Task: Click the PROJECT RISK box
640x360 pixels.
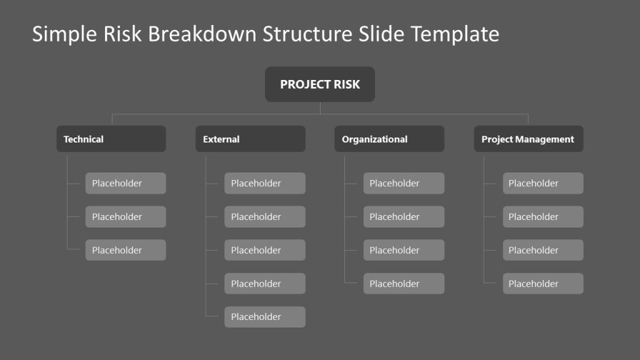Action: [x=320, y=84]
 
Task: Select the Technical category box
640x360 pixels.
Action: [x=111, y=139]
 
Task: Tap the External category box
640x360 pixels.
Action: [x=250, y=139]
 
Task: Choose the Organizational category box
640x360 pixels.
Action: [x=389, y=139]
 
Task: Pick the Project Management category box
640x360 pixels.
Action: [x=528, y=139]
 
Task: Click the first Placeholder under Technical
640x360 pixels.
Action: [x=126, y=183]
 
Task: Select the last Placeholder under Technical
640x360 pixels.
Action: [x=126, y=250]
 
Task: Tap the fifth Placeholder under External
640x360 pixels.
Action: [x=264, y=317]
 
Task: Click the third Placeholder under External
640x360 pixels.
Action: [x=264, y=250]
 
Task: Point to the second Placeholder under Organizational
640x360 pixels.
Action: [x=404, y=217]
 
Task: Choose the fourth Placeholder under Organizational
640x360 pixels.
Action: [x=404, y=284]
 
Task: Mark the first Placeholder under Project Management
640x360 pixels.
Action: [x=542, y=183]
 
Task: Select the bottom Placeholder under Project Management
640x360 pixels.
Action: [x=542, y=284]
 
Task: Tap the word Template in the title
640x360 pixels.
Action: [x=454, y=34]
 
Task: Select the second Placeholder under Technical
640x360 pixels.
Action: [x=126, y=217]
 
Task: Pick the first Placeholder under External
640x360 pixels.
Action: [x=264, y=183]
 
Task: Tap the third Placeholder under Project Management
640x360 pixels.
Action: [x=542, y=250]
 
